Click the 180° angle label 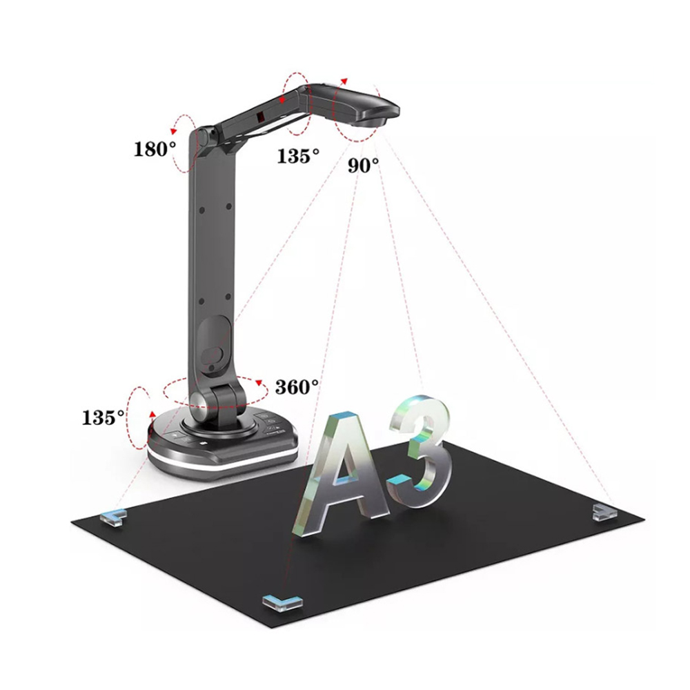(155, 149)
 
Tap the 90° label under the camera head (363, 166)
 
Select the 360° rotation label (297, 387)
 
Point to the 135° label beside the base (103, 417)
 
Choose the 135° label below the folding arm (298, 156)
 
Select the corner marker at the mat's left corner (114, 515)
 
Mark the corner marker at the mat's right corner (604, 512)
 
